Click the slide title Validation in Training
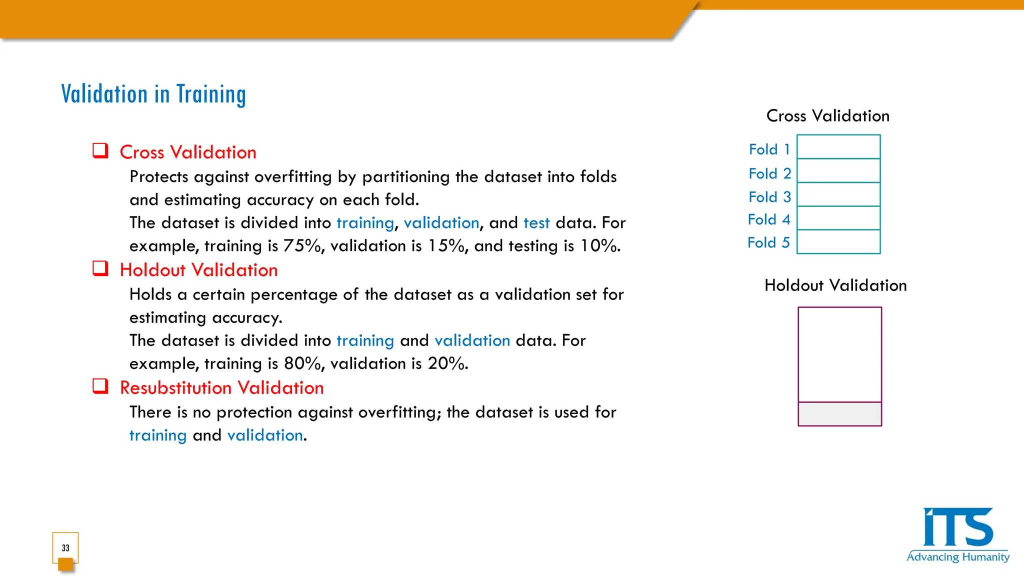pyautogui.click(x=153, y=94)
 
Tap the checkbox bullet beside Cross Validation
pyautogui.click(x=100, y=151)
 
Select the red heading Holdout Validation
pyautogui.click(x=198, y=270)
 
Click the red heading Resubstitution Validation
pyautogui.click(x=221, y=388)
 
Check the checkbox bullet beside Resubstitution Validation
pyautogui.click(x=100, y=386)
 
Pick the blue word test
pyautogui.click(x=536, y=223)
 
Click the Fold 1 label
pyautogui.click(x=769, y=149)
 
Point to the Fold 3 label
pyautogui.click(x=769, y=197)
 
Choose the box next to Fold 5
pyautogui.click(x=838, y=242)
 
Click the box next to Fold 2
pyautogui.click(x=838, y=171)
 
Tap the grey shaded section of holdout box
pyautogui.click(x=839, y=414)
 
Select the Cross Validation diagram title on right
pyautogui.click(x=827, y=116)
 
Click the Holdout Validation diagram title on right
pyautogui.click(x=835, y=285)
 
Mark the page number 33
pyautogui.click(x=65, y=548)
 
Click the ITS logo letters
pyautogui.click(x=957, y=528)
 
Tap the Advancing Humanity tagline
pyautogui.click(x=957, y=557)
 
